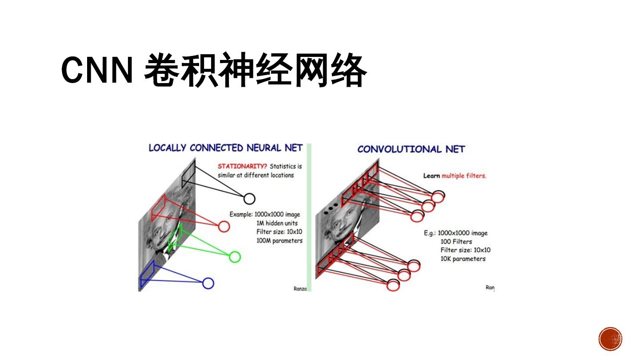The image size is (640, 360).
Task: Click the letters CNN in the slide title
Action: coord(97,70)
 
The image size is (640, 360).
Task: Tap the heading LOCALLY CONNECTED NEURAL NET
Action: coord(225,148)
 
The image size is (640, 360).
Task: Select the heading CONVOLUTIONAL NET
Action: coord(411,149)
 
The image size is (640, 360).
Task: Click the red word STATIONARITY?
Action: coord(242,166)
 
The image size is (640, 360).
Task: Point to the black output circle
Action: coord(249,199)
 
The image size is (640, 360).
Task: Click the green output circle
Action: coord(235,257)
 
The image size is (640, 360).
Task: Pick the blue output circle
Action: coord(208,283)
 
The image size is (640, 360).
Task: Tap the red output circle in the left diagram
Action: coord(224,227)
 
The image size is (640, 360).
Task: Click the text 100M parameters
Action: coord(279,240)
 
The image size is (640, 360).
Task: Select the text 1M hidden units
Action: coord(277,223)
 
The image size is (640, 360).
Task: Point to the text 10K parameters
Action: coord(463,259)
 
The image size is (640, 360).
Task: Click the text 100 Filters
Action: coord(456,242)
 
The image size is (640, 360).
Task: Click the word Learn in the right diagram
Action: coord(431,176)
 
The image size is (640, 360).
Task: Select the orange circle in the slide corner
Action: coord(610,339)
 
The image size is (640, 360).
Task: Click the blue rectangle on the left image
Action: coord(147,275)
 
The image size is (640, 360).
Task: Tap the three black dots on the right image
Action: coord(330,209)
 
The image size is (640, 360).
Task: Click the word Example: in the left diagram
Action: coord(241,214)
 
